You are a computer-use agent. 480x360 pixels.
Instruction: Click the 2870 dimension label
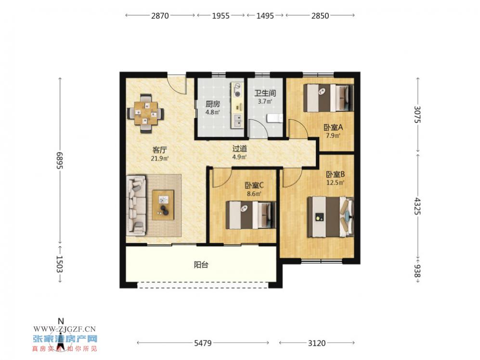click(160, 15)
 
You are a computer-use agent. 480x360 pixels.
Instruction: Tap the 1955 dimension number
click(221, 15)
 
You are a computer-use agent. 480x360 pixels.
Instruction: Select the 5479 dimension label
click(203, 343)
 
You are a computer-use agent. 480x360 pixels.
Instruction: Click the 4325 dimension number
click(417, 206)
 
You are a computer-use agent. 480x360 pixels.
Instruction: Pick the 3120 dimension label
click(317, 343)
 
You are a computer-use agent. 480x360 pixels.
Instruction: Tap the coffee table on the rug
click(163, 205)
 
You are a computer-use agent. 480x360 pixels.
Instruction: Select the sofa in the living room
click(136, 205)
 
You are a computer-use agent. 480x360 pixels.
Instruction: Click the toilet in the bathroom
click(275, 118)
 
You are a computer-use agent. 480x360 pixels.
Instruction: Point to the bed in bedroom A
click(328, 98)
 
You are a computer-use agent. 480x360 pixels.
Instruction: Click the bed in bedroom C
click(251, 215)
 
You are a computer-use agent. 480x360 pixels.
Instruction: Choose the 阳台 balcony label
click(201, 265)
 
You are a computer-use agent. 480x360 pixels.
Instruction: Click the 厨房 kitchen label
click(213, 104)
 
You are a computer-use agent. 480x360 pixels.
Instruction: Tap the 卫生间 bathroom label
click(265, 93)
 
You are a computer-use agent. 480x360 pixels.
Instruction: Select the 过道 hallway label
click(240, 149)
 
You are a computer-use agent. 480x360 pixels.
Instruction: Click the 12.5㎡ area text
click(335, 183)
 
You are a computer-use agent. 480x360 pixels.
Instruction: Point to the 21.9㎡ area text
click(159, 159)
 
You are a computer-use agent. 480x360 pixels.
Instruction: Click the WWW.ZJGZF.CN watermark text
click(65, 329)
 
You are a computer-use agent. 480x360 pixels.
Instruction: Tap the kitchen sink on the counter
click(237, 120)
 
